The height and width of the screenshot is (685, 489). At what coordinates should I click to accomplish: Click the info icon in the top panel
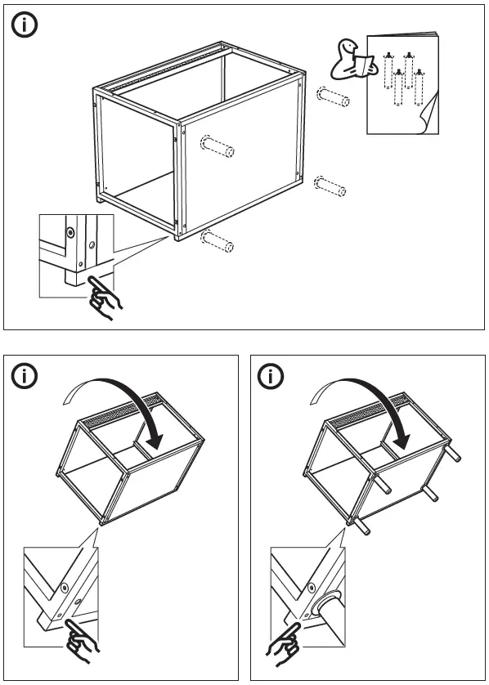25,25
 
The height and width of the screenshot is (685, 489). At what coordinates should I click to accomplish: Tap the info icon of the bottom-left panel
27,377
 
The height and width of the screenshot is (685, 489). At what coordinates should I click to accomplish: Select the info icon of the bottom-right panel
271,377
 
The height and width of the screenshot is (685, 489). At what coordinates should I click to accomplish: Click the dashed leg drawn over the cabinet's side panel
217,150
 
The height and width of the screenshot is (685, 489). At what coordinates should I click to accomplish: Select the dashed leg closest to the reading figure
334,97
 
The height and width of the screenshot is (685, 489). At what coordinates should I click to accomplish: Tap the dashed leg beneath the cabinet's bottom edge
216,241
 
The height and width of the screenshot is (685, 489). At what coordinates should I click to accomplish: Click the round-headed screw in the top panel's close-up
71,232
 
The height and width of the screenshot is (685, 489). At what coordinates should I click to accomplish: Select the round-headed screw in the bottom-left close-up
63,587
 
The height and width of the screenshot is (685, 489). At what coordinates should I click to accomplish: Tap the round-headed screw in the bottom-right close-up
310,585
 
